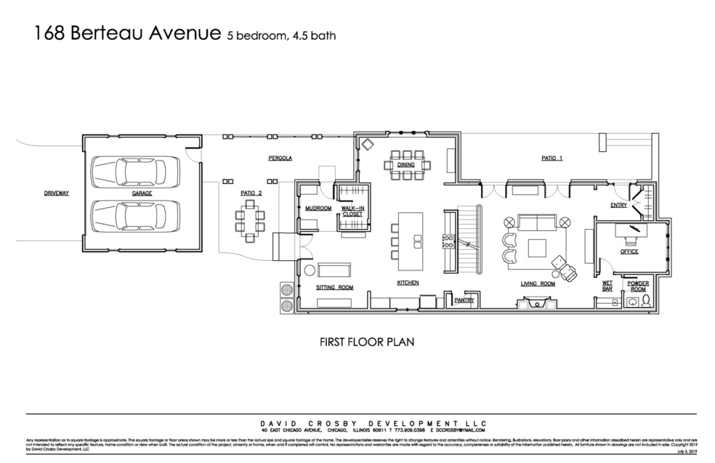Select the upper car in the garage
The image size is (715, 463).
pyautogui.click(x=135, y=172)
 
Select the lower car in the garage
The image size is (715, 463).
pyautogui.click(x=135, y=215)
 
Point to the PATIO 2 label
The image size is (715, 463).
pyautogui.click(x=251, y=193)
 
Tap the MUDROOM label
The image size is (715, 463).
pyautogui.click(x=318, y=209)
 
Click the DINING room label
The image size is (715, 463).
pyautogui.click(x=405, y=165)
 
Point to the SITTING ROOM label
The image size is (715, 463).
pyautogui.click(x=334, y=287)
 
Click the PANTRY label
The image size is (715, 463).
pyautogui.click(x=464, y=299)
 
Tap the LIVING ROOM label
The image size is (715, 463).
pyautogui.click(x=537, y=283)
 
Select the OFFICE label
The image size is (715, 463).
pyautogui.click(x=629, y=251)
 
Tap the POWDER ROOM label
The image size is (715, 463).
pyautogui.click(x=638, y=286)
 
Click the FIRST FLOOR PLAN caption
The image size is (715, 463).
pyautogui.click(x=367, y=341)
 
